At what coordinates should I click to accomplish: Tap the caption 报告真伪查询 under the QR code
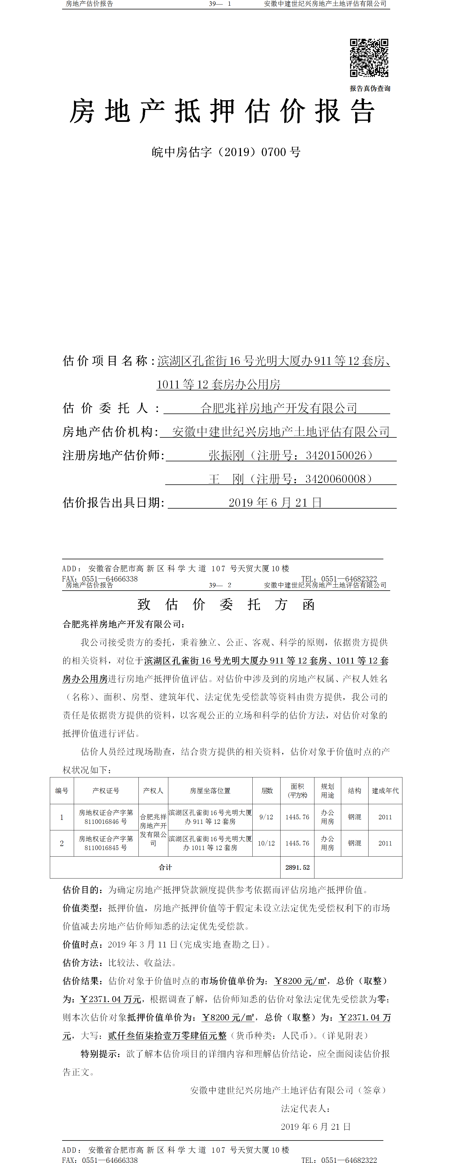point(370,89)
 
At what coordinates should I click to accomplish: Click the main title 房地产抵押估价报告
point(222,112)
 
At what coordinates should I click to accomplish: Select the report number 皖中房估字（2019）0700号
point(226,152)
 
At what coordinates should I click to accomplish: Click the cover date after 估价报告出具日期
point(275,503)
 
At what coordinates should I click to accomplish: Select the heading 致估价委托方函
point(226,605)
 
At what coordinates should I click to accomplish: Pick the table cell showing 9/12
point(266,817)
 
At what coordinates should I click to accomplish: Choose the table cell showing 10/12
point(266,843)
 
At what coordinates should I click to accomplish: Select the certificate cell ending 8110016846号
point(106,817)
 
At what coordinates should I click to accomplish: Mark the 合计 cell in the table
point(165,867)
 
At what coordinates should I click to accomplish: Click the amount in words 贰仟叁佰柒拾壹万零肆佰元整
point(167,1036)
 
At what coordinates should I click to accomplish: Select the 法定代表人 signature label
point(305,1108)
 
